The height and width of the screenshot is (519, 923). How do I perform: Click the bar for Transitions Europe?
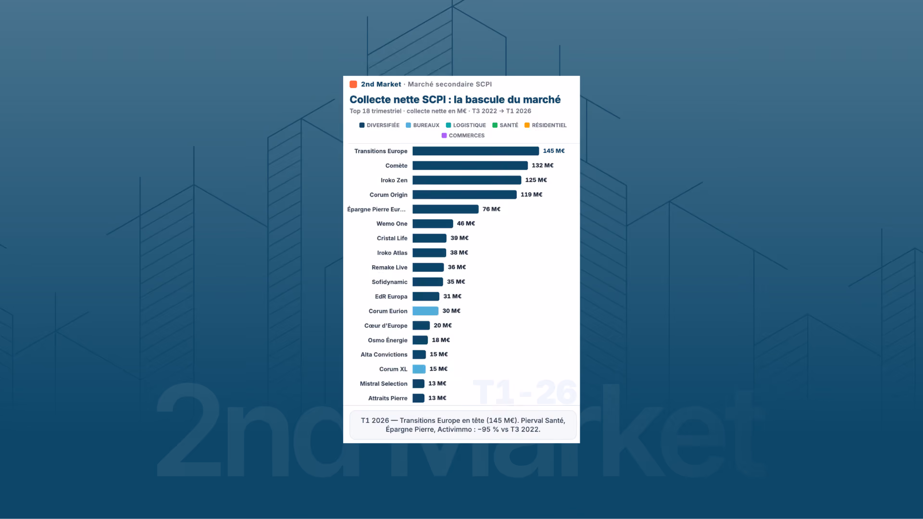pos(475,151)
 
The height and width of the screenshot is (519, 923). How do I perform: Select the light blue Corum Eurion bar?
pos(425,311)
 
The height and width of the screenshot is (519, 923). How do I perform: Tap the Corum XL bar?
pos(419,369)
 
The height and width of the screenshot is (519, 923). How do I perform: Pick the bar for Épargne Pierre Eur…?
pos(446,209)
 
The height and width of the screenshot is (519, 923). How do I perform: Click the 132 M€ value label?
pos(542,165)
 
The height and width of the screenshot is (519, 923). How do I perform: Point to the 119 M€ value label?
pos(531,195)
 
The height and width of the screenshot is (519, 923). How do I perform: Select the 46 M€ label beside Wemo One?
pos(466,223)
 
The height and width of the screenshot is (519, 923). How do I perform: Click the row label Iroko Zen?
pos(394,180)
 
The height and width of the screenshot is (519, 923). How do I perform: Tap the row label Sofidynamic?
pos(389,282)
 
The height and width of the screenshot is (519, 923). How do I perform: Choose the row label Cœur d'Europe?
pos(386,325)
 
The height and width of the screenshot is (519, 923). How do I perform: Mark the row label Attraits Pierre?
pos(387,398)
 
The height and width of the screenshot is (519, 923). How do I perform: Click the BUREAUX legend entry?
pos(423,125)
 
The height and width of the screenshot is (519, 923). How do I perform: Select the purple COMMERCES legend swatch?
pos(444,136)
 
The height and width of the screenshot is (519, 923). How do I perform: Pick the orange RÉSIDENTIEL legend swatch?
pos(527,125)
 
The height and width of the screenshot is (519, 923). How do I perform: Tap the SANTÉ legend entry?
pos(505,125)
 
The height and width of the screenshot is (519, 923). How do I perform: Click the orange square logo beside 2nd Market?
pos(353,85)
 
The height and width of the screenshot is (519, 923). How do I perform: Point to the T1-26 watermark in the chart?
pos(525,392)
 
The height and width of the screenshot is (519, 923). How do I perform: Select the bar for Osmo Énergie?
pos(420,340)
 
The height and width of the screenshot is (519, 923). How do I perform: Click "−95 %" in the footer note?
pos(488,430)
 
